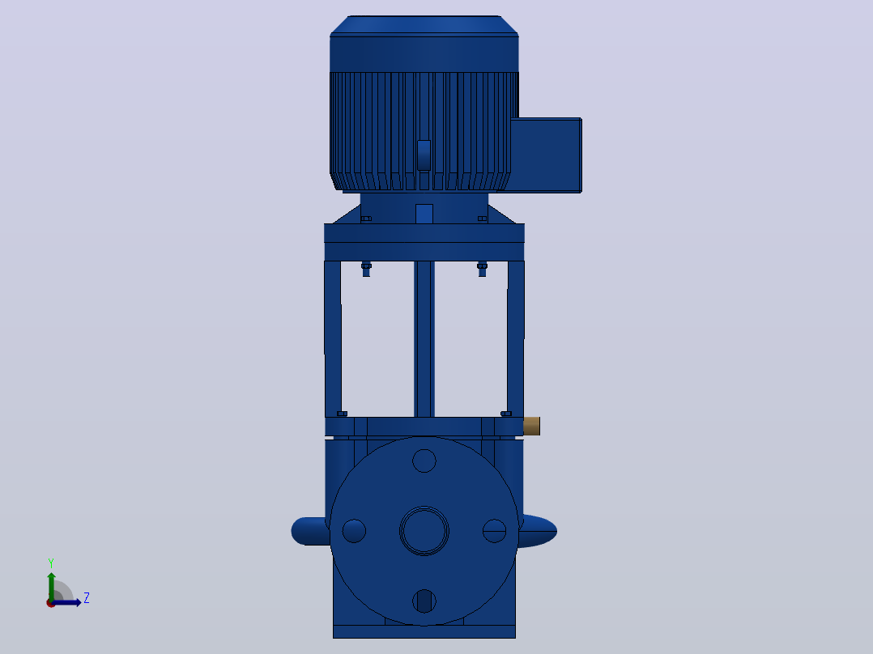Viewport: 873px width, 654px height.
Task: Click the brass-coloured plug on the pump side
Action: [x=532, y=426]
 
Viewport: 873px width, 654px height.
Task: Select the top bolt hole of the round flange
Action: [x=424, y=461]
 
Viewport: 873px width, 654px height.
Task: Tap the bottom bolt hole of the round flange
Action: [x=424, y=601]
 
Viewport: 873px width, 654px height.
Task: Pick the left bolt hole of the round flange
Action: [x=354, y=531]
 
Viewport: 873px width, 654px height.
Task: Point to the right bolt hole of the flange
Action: [x=494, y=531]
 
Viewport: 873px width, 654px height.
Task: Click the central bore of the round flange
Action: [x=424, y=531]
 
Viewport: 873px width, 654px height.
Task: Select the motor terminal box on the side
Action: [x=546, y=155]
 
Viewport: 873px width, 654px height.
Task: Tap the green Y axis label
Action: [x=51, y=563]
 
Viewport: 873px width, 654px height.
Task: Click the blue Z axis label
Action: [x=87, y=598]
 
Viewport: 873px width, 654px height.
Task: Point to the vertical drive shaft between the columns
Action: [x=424, y=338]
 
